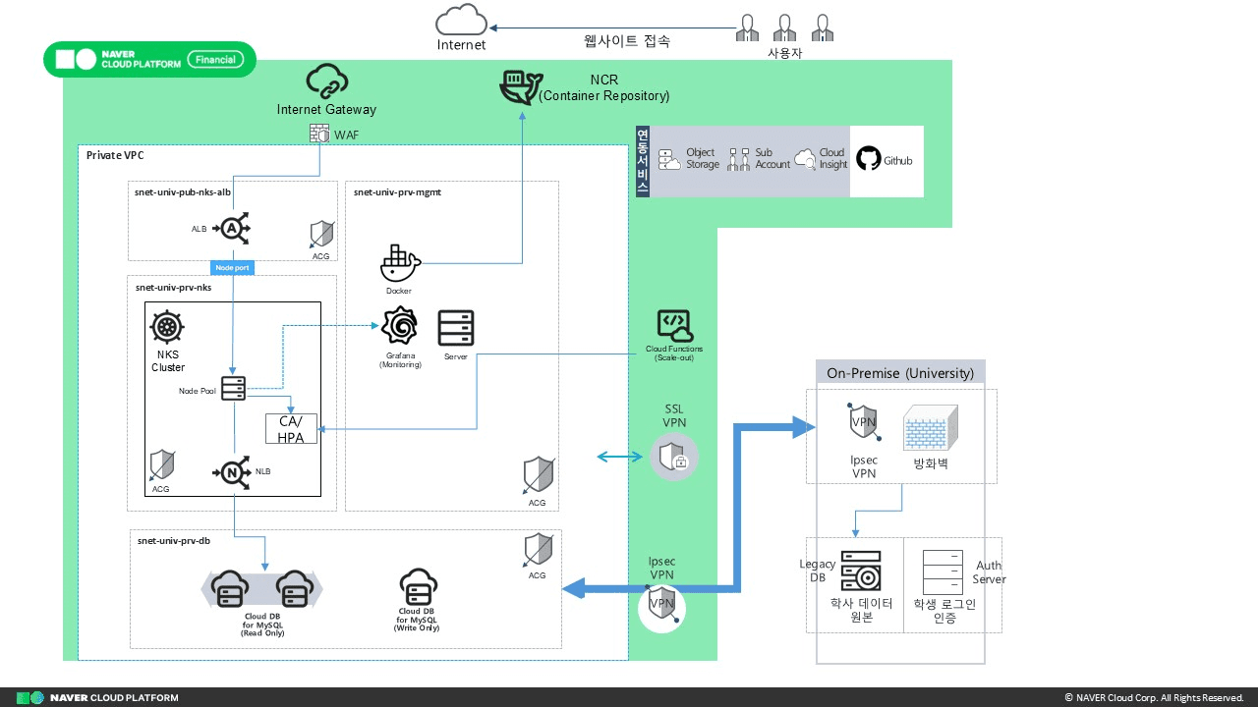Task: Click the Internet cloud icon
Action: (461, 21)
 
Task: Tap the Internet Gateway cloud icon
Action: (326, 81)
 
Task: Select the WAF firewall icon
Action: (319, 133)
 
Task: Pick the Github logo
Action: (868, 159)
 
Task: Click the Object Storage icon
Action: (669, 159)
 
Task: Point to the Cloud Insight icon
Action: (805, 159)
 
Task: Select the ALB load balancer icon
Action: (231, 228)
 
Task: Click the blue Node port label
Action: (232, 267)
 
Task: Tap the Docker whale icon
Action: (399, 263)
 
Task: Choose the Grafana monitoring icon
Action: (399, 327)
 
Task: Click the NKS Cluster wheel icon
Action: (168, 326)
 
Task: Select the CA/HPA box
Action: (291, 429)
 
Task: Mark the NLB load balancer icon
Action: (232, 473)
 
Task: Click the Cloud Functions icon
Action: (674, 326)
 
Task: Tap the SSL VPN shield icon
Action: (674, 458)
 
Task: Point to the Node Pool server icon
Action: (233, 389)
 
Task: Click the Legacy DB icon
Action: (860, 571)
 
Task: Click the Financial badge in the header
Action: (214, 59)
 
